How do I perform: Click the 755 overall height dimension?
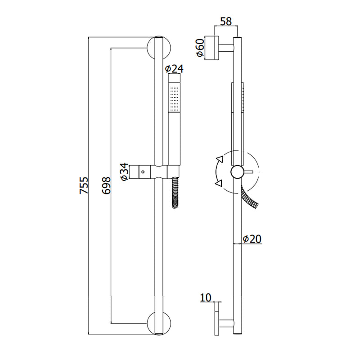coord(84,185)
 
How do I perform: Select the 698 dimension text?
coord(106,185)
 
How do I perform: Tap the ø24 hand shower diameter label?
coord(174,69)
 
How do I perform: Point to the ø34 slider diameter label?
coord(124,172)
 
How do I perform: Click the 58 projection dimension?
coord(226,21)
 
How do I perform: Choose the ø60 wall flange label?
coord(199,48)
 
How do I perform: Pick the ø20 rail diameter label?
coord(252,239)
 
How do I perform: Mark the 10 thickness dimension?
coord(206,297)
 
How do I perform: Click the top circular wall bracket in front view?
coord(159,48)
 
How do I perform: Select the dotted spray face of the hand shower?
coord(174,97)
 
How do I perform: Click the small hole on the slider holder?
coord(143,171)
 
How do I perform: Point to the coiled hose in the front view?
coord(175,193)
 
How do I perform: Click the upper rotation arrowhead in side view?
coord(220,159)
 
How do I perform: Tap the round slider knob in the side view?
coord(238,172)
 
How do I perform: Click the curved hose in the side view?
coord(250,197)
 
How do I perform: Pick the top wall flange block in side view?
coord(211,48)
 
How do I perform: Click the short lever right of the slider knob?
coord(248,171)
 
